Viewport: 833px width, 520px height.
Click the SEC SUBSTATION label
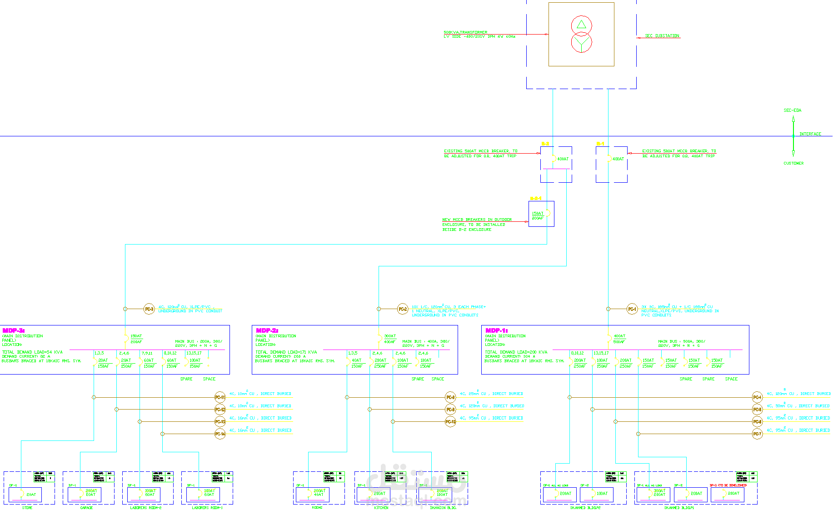662,35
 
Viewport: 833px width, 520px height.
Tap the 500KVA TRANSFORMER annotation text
465,32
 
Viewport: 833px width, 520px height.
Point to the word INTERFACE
810,134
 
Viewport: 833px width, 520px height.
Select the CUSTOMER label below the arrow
793,163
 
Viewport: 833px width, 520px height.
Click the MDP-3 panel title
13,330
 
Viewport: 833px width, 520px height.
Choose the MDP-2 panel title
267,330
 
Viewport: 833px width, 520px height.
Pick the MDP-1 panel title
496,330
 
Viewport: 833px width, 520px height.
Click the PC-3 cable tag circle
149,309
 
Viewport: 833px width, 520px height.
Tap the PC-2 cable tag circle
403,309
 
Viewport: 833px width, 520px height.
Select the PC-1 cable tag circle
632,309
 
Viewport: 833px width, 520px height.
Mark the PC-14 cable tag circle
220,434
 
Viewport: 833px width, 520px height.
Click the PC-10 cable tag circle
450,422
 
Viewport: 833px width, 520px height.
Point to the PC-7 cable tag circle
757,434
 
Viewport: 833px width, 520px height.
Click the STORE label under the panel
27,508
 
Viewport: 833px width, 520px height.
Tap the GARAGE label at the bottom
86,508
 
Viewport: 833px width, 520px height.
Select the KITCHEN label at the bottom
381,508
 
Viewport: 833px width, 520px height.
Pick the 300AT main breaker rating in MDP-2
390,336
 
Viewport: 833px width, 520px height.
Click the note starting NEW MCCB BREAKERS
477,220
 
